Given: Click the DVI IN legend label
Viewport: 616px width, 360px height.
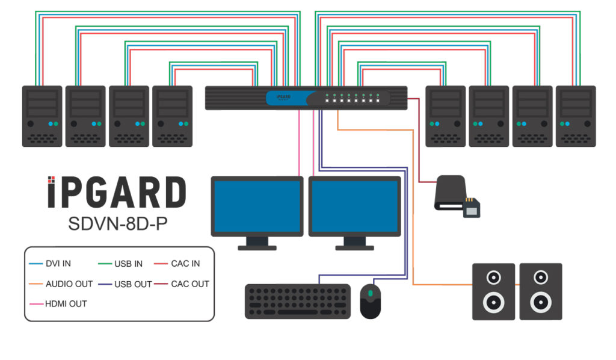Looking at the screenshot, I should pyautogui.click(x=58, y=264).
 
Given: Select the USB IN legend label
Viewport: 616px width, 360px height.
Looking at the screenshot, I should pyautogui.click(x=128, y=264).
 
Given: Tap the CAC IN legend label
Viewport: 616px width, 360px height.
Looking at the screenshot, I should pyautogui.click(x=185, y=264).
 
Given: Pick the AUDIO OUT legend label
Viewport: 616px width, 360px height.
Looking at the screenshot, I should pyautogui.click(x=69, y=284).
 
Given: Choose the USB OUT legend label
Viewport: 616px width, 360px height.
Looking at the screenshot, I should pyautogui.click(x=132, y=284).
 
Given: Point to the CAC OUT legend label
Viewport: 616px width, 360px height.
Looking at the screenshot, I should pyautogui.click(x=189, y=284).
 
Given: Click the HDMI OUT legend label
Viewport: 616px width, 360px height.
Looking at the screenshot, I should pyautogui.click(x=66, y=303).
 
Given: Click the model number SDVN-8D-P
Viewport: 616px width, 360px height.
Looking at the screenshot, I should pyautogui.click(x=117, y=224).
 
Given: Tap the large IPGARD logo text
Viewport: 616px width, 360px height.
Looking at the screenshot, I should pyautogui.click(x=117, y=193).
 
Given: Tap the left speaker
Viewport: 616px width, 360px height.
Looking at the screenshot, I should pyautogui.click(x=493, y=291).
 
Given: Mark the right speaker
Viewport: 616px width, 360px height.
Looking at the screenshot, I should pyautogui.click(x=540, y=291).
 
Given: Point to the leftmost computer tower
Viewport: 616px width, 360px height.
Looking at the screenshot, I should pyautogui.click(x=42, y=116).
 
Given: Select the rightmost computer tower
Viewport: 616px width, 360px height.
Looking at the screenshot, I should pyautogui.click(x=575, y=116).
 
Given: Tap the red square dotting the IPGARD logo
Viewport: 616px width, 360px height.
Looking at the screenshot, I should pyautogui.click(x=52, y=179).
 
